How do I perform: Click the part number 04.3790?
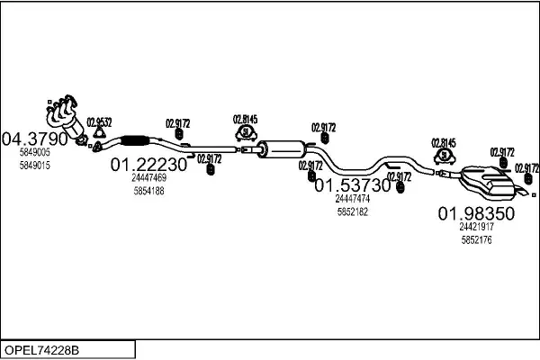click(36, 139)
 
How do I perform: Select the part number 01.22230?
click(148, 165)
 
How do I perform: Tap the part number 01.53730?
click(353, 184)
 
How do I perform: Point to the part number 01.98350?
click(476, 213)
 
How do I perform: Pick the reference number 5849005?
click(35, 154)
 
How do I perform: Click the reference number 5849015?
click(35, 166)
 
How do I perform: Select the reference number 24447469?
click(148, 178)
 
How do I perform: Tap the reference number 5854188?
click(148, 191)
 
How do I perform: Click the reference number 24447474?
click(353, 198)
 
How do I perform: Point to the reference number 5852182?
click(353, 211)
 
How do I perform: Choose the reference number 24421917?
click(476, 227)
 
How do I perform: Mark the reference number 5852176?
click(476, 239)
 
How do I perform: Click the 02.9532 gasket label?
click(99, 122)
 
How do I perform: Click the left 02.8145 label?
click(245, 118)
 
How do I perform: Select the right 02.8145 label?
click(444, 141)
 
